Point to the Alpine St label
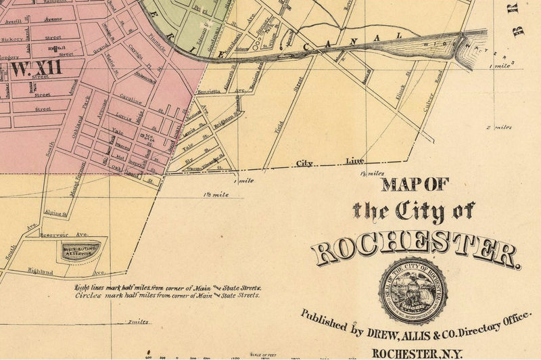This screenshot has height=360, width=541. click(x=55, y=212)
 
